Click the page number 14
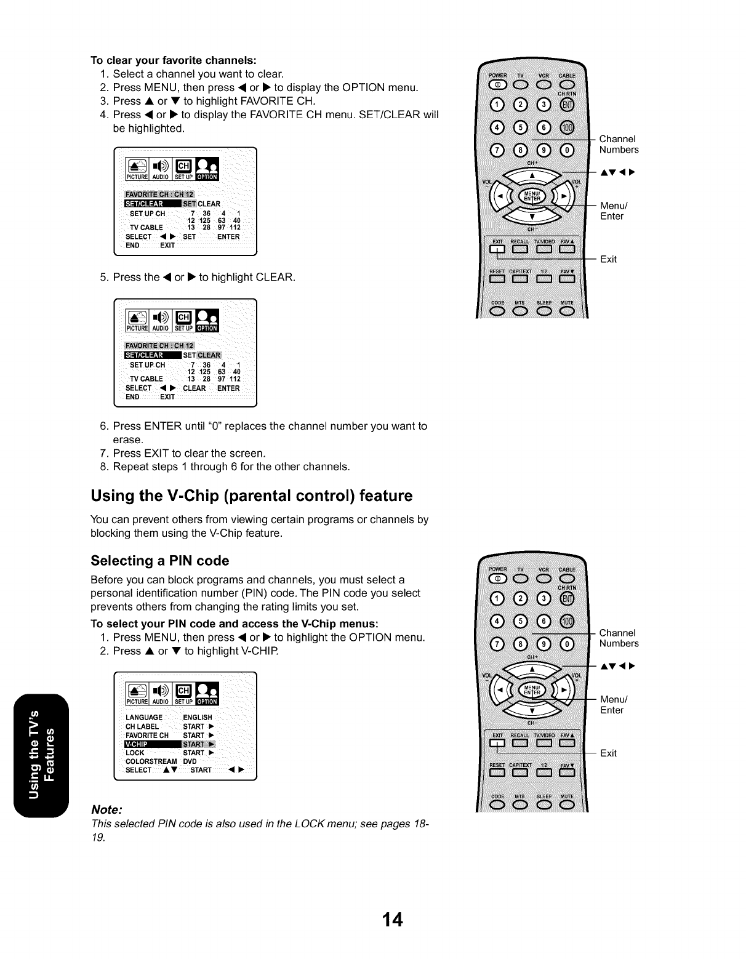pyautogui.click(x=392, y=920)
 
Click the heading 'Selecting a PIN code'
pyautogui.click(x=159, y=561)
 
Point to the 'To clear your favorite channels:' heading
pyautogui.click(x=173, y=60)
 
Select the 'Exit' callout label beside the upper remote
pyautogui.click(x=608, y=259)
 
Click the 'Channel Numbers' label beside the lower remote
pyautogui.click(x=619, y=638)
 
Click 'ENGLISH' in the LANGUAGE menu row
pyautogui.click(x=197, y=717)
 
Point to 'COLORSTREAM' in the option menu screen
pyautogui.click(x=151, y=761)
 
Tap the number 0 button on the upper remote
pyautogui.click(x=566, y=150)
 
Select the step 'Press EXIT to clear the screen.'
pyautogui.click(x=189, y=453)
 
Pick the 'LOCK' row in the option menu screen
pyautogui.click(x=135, y=753)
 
